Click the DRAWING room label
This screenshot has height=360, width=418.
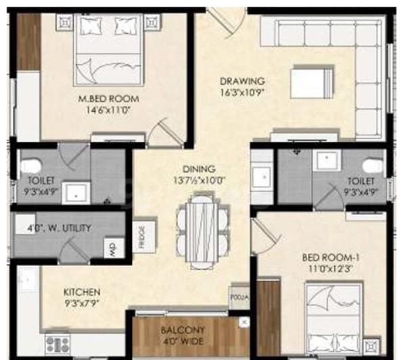(242, 81)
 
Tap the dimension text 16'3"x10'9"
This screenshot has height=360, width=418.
(242, 93)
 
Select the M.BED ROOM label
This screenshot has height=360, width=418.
(108, 99)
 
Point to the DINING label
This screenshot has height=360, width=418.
(199, 168)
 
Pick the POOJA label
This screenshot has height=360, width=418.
(239, 297)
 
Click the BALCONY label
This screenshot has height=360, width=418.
(183, 330)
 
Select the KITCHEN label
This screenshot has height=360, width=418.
(82, 292)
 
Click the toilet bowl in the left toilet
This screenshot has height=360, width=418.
(31, 166)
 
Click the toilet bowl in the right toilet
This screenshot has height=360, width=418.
(373, 166)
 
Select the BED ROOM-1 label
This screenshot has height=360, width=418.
(331, 258)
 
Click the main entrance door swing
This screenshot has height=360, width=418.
(227, 22)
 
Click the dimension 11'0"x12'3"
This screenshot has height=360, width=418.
(331, 269)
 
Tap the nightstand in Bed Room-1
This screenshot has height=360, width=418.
(372, 346)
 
